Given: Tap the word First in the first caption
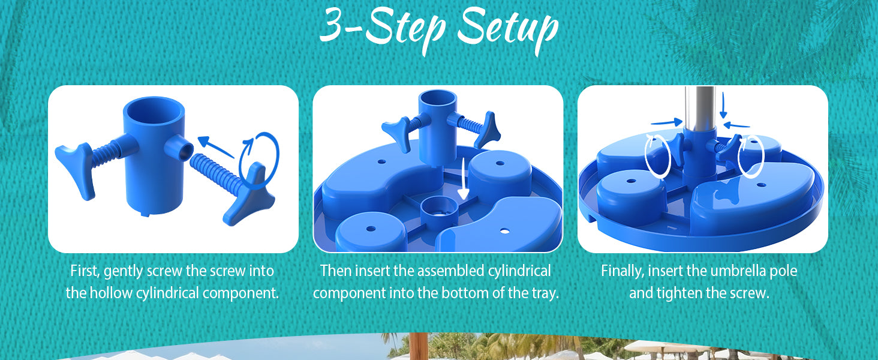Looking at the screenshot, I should (x=85, y=271).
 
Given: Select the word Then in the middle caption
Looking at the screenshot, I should (x=335, y=271).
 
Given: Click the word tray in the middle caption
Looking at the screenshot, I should (x=542, y=293).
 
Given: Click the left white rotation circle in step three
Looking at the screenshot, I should (x=657, y=155).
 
